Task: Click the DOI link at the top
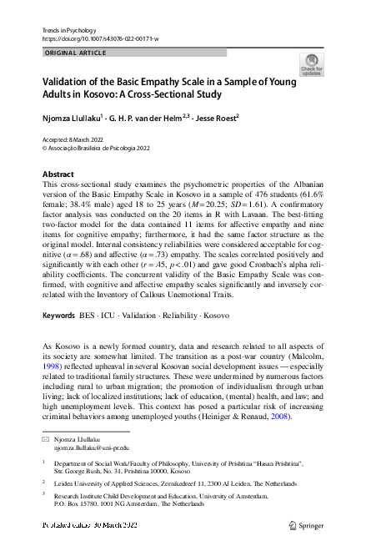click(99, 39)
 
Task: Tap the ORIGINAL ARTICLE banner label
click(74, 53)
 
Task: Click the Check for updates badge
click(310, 64)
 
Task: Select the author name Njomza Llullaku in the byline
click(72, 118)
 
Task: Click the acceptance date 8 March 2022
click(87, 139)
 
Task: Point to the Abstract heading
click(58, 174)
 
